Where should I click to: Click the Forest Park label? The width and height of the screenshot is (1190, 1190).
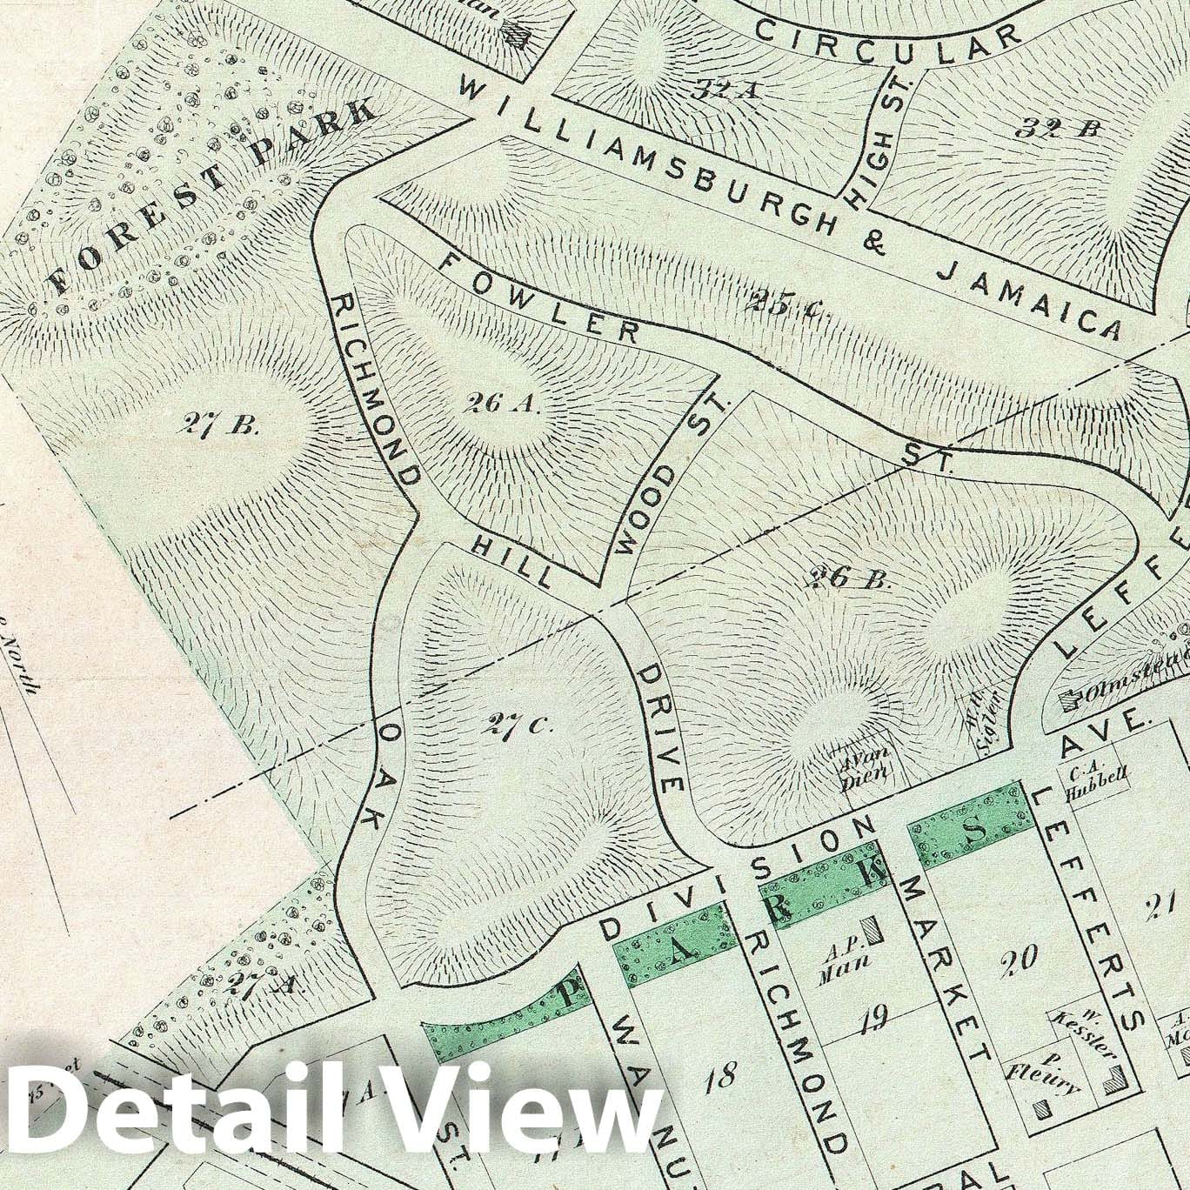coord(213,195)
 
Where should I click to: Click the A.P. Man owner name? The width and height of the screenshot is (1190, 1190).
coord(836,965)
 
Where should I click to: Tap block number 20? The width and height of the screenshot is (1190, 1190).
coord(1018,959)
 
